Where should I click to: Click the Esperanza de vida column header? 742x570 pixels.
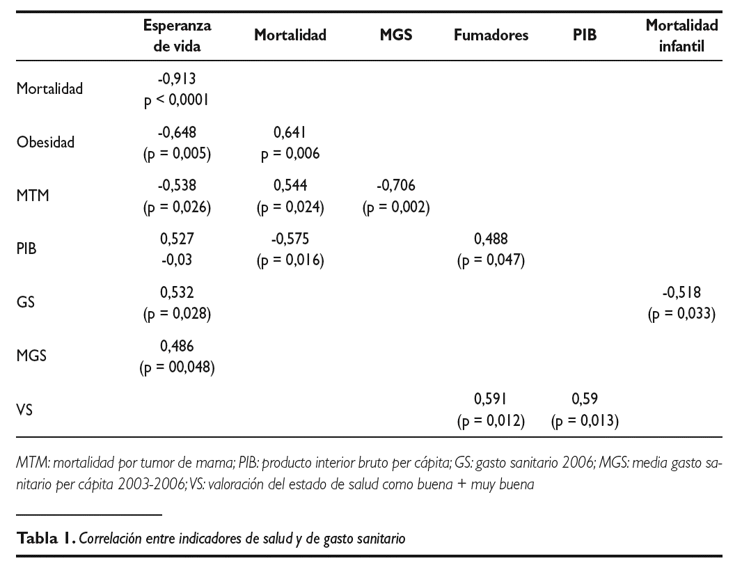tap(177, 35)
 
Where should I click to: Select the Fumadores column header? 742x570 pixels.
tap(491, 35)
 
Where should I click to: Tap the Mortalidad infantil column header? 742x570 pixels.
tap(681, 35)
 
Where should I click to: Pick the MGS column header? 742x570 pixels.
tap(395, 35)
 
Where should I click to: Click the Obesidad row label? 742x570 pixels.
tap(45, 142)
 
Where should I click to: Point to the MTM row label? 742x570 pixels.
tap(33, 196)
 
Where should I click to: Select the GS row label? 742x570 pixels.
tap(26, 303)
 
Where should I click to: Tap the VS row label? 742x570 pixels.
tap(25, 411)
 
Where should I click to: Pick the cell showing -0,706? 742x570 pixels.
tap(395, 186)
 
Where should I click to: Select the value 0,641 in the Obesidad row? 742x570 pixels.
tap(290, 132)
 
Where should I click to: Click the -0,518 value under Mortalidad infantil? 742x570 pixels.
tap(681, 293)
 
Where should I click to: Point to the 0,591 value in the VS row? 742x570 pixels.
tap(491, 399)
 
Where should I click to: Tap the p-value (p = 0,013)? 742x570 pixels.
tap(585, 421)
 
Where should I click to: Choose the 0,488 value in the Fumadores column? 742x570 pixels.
tap(491, 239)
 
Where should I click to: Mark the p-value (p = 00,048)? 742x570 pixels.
tap(177, 367)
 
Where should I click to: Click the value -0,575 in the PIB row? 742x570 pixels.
tap(290, 239)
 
